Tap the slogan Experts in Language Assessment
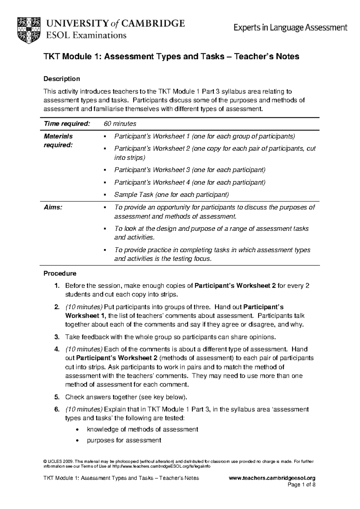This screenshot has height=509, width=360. (x=290, y=28)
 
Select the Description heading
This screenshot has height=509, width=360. (x=62, y=79)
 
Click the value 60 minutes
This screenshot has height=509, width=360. (x=120, y=124)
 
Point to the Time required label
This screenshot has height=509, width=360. (x=67, y=124)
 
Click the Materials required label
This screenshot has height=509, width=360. (x=58, y=140)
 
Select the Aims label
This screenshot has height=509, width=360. (x=53, y=207)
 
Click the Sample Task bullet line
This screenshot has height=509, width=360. (x=171, y=195)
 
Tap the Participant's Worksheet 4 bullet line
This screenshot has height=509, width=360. (x=190, y=182)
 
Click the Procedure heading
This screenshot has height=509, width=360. (x=60, y=273)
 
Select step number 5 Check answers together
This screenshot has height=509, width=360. (x=126, y=397)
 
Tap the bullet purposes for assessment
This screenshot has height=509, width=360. (x=124, y=440)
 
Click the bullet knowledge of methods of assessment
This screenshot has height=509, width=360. (x=142, y=429)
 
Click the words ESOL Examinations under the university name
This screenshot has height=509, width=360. (x=86, y=35)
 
